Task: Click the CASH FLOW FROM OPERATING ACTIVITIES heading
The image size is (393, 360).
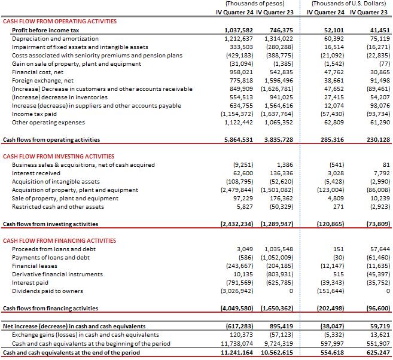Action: point(59,21)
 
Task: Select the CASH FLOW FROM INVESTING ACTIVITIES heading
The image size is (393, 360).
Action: point(59,156)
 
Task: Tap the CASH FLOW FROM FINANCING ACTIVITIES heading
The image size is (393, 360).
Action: point(59,240)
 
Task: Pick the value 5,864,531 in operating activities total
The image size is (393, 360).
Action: point(235,139)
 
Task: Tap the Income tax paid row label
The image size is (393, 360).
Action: point(34,114)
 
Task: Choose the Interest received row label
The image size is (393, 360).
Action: point(36,173)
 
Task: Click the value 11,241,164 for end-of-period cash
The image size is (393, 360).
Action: point(234,353)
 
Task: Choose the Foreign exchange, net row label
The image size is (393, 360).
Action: point(42,80)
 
